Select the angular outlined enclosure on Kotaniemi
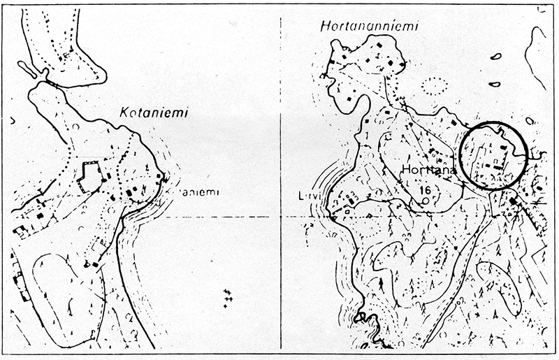pyautogui.click(x=90, y=177)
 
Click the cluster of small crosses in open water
pyautogui.click(x=227, y=296)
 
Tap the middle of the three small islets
pyautogui.click(x=494, y=85)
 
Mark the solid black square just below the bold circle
pyautogui.click(x=514, y=202)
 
